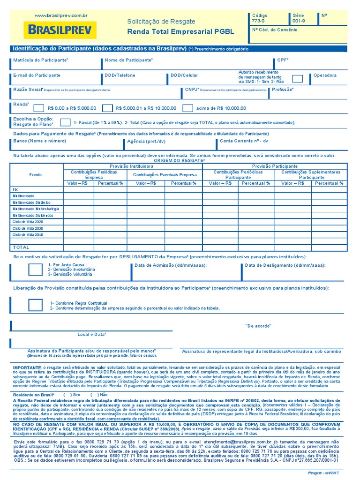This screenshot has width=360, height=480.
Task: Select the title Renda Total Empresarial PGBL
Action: click(180, 32)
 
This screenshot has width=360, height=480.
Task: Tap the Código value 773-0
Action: click(258, 21)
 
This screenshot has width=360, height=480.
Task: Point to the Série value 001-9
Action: click(298, 21)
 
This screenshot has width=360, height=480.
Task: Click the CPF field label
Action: click(283, 60)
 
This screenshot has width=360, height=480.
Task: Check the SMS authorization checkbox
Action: click(297, 78)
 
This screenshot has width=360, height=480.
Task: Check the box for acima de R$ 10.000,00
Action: click(187, 108)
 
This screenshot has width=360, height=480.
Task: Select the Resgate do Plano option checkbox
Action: click(66, 122)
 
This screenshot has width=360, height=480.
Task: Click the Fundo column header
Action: click(36, 174)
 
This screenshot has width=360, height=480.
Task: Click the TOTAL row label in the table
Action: click(21, 247)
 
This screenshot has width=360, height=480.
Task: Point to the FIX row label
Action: click(15, 189)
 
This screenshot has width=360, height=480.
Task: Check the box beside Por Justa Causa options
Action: click(35, 270)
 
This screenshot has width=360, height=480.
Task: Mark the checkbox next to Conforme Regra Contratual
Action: click(35, 305)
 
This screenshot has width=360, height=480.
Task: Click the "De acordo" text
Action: click(258, 326)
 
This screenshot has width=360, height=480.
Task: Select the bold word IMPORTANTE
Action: click(28, 367)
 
